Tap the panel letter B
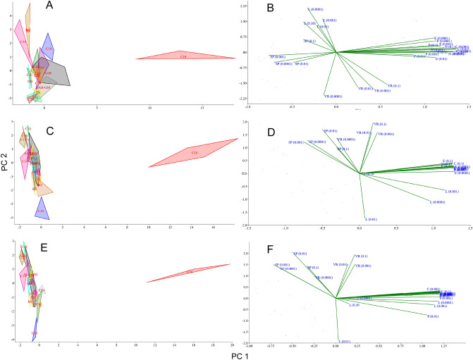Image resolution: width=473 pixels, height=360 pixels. [281, 8]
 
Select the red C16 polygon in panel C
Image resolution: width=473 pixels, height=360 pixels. [195, 152]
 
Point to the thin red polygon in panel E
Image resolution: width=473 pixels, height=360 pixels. [190, 272]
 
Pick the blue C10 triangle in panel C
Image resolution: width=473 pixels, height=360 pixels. [40, 209]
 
